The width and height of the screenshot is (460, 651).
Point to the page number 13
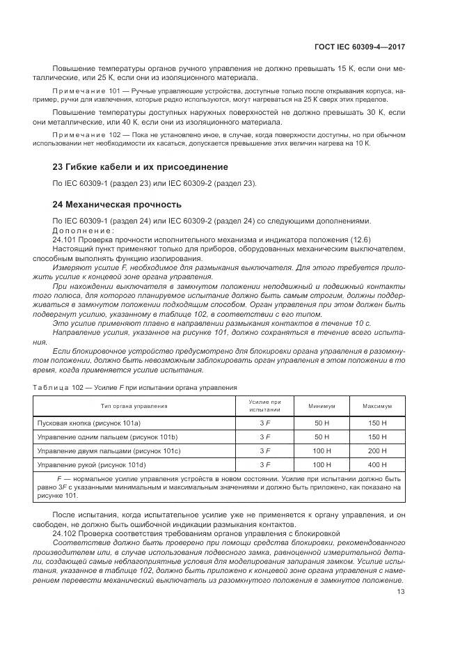point(400,592)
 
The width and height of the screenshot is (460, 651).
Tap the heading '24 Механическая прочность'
point(117,205)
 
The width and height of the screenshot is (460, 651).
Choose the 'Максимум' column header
point(377,406)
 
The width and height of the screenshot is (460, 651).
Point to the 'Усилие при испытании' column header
point(264,406)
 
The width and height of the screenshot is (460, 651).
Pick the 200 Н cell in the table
point(377,450)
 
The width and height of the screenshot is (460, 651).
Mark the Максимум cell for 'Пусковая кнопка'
point(377,423)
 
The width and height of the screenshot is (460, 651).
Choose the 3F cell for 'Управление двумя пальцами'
point(264,450)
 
